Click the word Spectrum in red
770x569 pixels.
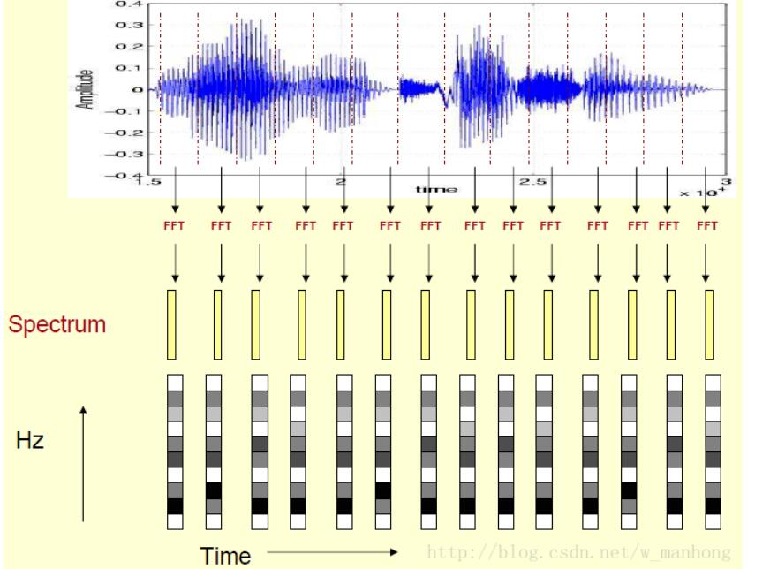(x=57, y=323)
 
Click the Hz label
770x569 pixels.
(x=29, y=440)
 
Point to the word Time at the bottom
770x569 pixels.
(x=226, y=556)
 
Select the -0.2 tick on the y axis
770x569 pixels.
(x=127, y=133)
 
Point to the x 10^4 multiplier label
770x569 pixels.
(x=699, y=192)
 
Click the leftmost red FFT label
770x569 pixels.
(x=174, y=225)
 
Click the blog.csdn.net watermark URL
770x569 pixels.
(x=578, y=553)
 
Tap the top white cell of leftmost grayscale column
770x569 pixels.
(x=174, y=382)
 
